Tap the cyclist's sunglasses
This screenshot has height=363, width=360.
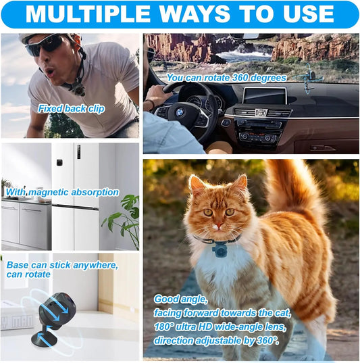coord(45,46)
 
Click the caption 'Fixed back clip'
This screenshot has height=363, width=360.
coord(72,109)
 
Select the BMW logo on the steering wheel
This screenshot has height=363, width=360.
coord(180,113)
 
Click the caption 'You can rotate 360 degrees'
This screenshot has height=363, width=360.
coord(226,78)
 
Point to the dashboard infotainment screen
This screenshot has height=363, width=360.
coord(265,95)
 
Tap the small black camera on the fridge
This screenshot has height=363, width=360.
coord(59,162)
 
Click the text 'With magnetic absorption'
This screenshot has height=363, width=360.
coord(62,192)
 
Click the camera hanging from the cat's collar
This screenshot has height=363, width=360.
coord(220,249)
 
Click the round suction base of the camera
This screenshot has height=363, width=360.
coord(44,339)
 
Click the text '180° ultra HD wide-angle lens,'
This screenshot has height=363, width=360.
coord(220,326)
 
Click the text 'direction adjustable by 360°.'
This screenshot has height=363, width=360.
coord(216,341)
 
